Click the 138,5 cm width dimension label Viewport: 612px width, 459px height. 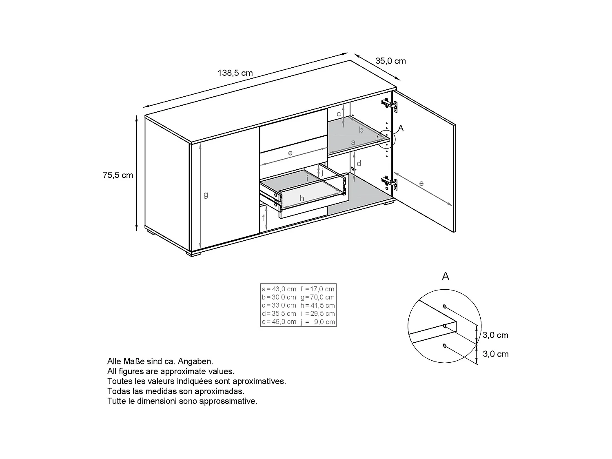(x=235, y=73)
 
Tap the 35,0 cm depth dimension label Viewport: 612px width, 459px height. (x=390, y=61)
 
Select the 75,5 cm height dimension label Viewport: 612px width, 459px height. (x=118, y=175)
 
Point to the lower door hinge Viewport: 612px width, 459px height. (x=389, y=182)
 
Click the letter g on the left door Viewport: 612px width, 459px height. (x=206, y=195)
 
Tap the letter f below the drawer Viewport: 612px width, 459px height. (x=264, y=218)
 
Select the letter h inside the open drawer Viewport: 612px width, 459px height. (x=302, y=198)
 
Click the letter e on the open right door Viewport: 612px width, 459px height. (x=421, y=183)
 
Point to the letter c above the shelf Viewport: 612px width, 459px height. (x=339, y=114)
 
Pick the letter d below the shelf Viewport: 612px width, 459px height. (x=359, y=164)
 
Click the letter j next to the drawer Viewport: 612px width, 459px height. (x=322, y=172)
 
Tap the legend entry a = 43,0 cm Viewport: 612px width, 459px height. (x=279, y=289)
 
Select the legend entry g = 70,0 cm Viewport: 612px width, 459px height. (x=317, y=297)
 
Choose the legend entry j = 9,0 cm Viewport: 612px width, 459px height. (x=317, y=322)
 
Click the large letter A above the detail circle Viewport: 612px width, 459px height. (x=446, y=277)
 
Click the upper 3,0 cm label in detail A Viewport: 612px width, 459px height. (x=495, y=335)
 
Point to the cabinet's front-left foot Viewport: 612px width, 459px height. (x=194, y=254)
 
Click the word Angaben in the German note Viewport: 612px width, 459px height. (x=195, y=361)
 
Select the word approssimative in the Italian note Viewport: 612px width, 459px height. (x=232, y=401)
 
